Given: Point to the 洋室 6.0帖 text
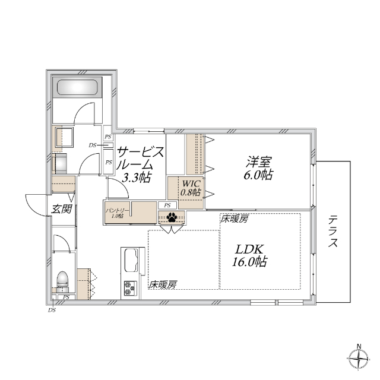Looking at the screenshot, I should pyautogui.click(x=259, y=167).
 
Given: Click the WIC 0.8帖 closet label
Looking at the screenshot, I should pyautogui.click(x=191, y=188).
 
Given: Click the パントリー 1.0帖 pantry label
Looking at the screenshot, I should pyautogui.click(x=115, y=213).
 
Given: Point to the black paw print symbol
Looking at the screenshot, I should pyautogui.click(x=172, y=217).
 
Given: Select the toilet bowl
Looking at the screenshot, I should pyautogui.click(x=62, y=280).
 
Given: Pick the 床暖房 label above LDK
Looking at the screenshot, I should pyautogui.click(x=234, y=219).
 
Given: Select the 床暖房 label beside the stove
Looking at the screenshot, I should pyautogui.click(x=162, y=285).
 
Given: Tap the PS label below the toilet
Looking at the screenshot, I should pyautogui.click(x=66, y=297).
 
